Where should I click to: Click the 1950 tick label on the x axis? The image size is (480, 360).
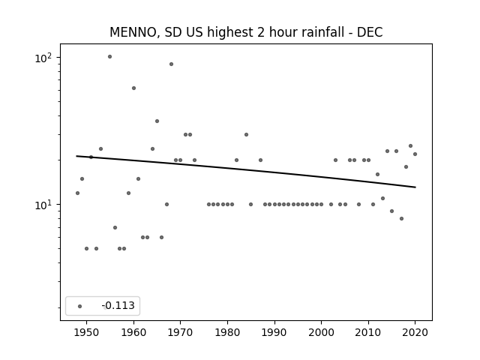pyautogui.click(x=87, y=332)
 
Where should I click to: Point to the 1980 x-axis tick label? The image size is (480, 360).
pyautogui.click(x=227, y=332)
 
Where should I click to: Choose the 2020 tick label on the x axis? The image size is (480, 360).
pyautogui.click(x=415, y=332)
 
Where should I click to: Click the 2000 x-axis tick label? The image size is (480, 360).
pyautogui.click(x=321, y=332)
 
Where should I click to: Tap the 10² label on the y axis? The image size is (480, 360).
pyautogui.click(x=43, y=58)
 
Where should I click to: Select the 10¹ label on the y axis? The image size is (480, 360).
pyautogui.click(x=43, y=205)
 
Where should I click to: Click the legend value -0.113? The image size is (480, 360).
pyautogui.click(x=118, y=305)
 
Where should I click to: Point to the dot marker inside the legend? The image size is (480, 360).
pyautogui.click(x=80, y=306)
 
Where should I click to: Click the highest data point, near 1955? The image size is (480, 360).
pyautogui.click(x=110, y=57)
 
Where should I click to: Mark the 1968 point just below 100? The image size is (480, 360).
pyautogui.click(x=172, y=64)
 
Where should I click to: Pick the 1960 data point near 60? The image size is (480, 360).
pyautogui.click(x=133, y=88)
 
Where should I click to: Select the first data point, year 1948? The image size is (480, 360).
pyautogui.click(x=77, y=193)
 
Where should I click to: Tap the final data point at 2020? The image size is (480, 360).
pyautogui.click(x=415, y=154)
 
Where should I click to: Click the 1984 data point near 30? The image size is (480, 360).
pyautogui.click(x=247, y=134)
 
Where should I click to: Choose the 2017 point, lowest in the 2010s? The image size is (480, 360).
pyautogui.click(x=402, y=218)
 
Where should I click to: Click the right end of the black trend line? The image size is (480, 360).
pyautogui.click(x=415, y=187)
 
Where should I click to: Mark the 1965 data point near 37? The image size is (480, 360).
pyautogui.click(x=157, y=121)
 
